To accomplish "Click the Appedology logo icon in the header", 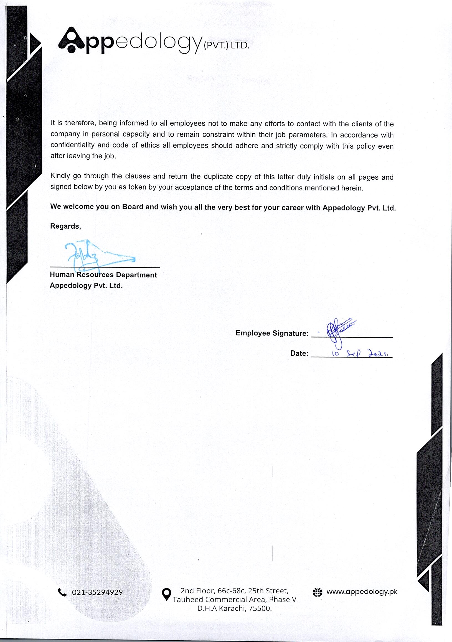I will [x=72, y=41].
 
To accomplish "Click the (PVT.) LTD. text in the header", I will [x=226, y=45].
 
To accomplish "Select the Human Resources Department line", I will [x=103, y=275].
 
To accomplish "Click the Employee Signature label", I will [x=272, y=333].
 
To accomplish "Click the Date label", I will [x=299, y=353].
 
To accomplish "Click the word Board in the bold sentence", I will [x=133, y=207].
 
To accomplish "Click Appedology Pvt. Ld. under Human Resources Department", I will [x=86, y=286].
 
